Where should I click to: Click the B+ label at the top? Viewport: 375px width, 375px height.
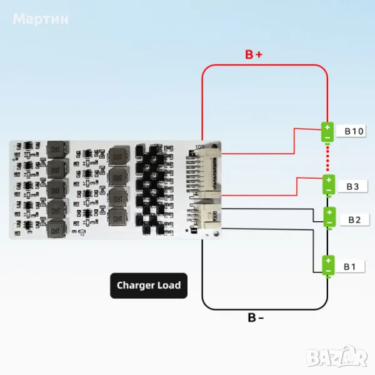pos(253,55)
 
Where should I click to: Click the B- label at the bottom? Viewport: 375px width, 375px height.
pos(256,317)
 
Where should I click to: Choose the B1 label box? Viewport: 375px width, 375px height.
pos(351,267)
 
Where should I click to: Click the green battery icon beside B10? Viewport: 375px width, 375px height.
pos(327,132)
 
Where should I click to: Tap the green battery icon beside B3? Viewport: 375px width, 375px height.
pos(327,184)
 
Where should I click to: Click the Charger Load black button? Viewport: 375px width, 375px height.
pos(148,286)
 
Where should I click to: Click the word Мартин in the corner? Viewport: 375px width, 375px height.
pos(41,19)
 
